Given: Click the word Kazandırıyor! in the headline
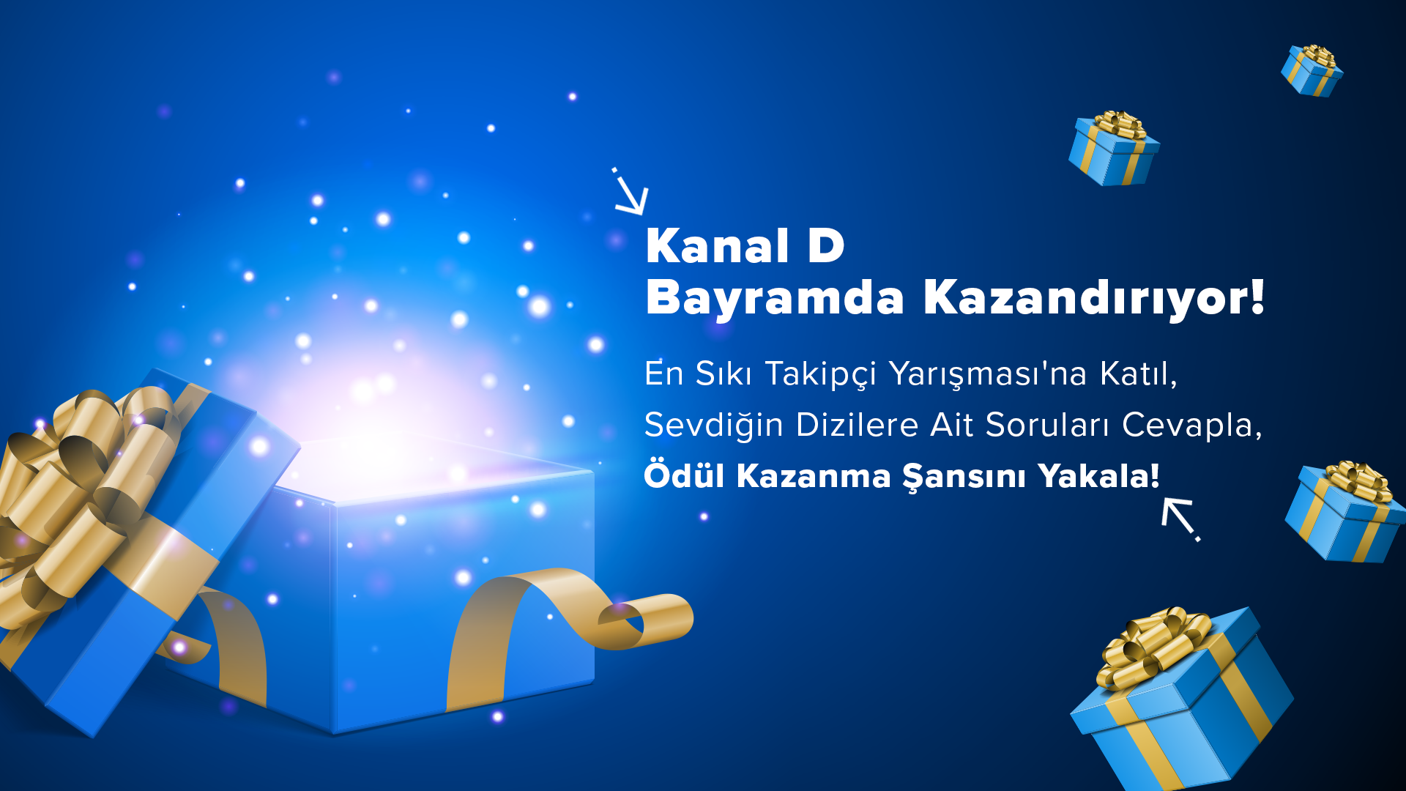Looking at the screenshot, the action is [x=1094, y=298].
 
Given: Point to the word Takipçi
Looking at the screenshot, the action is [x=820, y=375].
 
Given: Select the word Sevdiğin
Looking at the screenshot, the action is [x=714, y=426].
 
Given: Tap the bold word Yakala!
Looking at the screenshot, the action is [x=1099, y=475].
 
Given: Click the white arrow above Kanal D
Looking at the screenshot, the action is [x=631, y=192].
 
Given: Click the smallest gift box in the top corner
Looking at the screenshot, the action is [x=1312, y=70].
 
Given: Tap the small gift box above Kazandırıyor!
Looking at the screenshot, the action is [x=1114, y=149].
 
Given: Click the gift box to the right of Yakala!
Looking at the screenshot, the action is [x=1346, y=512].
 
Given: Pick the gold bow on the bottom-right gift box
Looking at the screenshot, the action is [x=1153, y=645].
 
